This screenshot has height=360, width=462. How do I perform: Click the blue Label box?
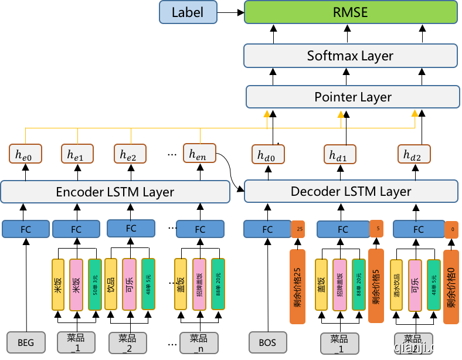tap(188, 12)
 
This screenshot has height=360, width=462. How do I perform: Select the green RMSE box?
tap(351, 12)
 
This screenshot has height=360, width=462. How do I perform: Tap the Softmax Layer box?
tap(351, 56)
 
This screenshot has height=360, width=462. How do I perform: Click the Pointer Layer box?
tap(353, 97)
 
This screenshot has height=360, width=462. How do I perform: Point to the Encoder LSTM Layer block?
tap(115, 192)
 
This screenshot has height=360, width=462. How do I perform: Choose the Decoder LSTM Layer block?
tap(351, 191)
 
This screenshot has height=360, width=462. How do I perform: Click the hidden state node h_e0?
tap(25, 154)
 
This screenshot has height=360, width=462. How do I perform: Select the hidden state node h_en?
tap(199, 154)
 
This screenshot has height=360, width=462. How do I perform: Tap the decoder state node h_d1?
tap(339, 155)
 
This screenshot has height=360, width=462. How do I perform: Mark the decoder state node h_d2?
tap(414, 154)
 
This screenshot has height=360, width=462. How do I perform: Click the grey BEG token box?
tap(26, 342)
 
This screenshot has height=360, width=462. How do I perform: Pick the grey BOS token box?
tap(267, 342)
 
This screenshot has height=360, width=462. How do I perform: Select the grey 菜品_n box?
tap(199, 342)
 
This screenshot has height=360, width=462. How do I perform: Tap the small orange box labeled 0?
tap(451, 230)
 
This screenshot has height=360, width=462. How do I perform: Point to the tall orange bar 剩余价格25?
tap(298, 286)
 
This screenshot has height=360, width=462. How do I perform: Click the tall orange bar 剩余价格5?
tap(375, 286)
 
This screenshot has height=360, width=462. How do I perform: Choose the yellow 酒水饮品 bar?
tap(397, 284)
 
